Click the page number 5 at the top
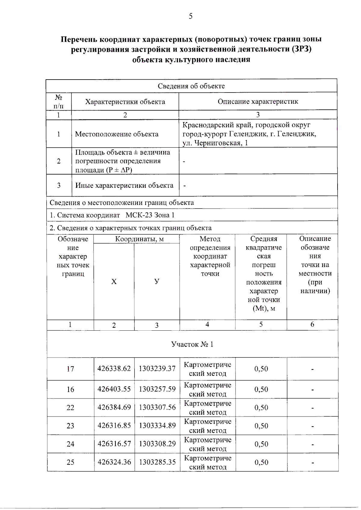coord(190,16)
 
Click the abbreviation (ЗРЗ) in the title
coord(302,49)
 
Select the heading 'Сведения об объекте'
coord(191,86)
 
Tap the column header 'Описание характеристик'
coord(258,102)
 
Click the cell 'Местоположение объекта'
coord(117,134)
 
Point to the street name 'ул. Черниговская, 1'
coord(215,143)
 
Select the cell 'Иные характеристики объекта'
coord(124,185)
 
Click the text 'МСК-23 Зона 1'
coord(150,215)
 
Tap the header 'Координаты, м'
coord(140,239)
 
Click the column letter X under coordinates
coord(114,282)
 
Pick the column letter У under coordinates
coord(157,282)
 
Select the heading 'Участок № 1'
coord(192,344)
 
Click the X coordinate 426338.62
coord(114,369)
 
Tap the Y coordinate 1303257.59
coord(157,389)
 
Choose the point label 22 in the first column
coord(70,408)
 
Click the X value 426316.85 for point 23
coord(114,426)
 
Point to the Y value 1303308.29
coord(157,444)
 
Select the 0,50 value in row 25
coord(261,462)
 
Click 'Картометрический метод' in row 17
coord(208,369)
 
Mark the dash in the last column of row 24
coord(313,445)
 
